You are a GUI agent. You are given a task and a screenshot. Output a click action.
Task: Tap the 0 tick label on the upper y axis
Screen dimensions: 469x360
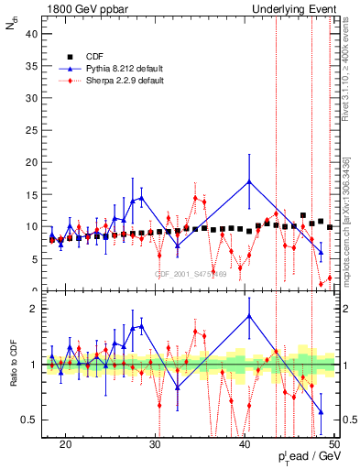click(x=37, y=290)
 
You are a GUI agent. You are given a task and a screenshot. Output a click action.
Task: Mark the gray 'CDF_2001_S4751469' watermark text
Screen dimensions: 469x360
click(x=190, y=274)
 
